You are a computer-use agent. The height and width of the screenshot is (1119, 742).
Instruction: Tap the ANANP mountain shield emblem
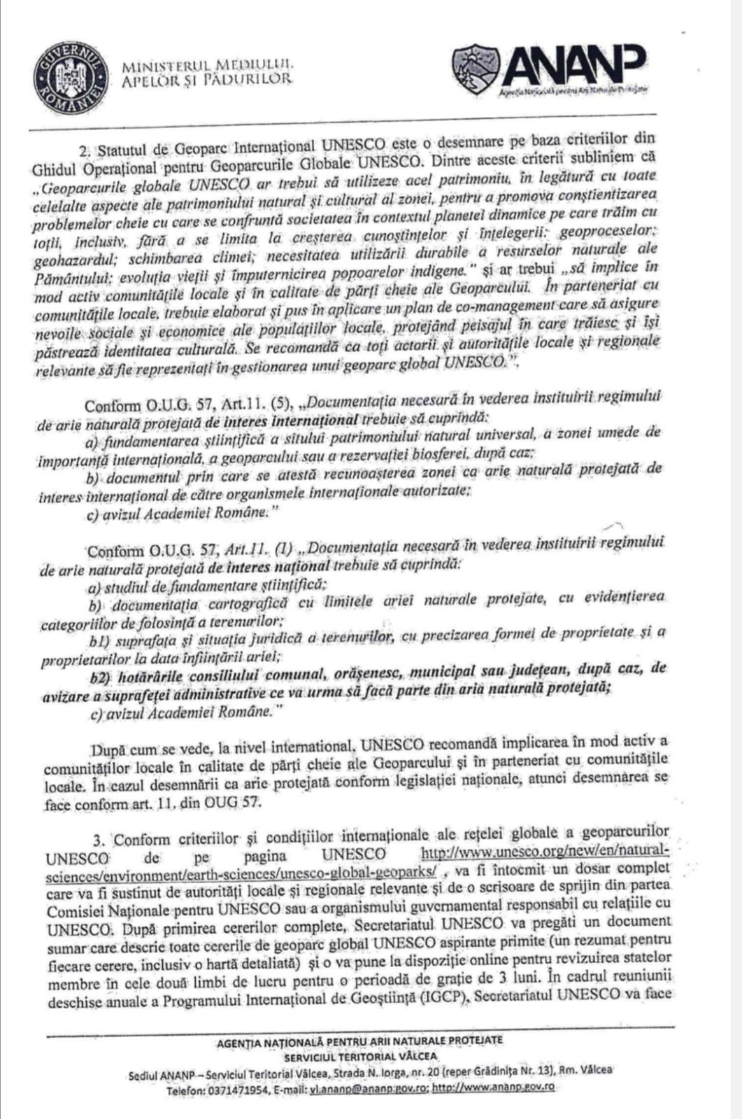(475, 68)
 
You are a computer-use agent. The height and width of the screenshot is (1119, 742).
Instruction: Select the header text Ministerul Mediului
(208, 66)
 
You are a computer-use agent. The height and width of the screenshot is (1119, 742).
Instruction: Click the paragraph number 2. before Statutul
(85, 150)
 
